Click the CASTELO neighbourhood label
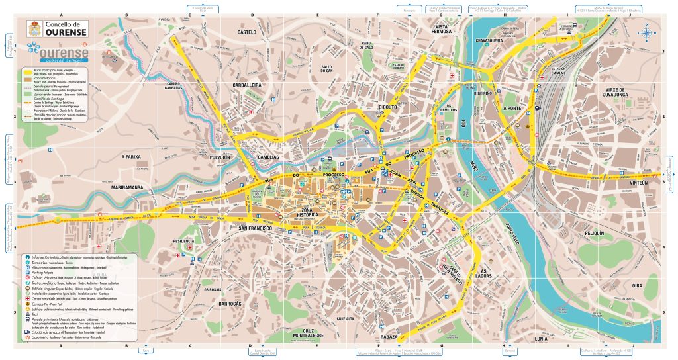(246, 32)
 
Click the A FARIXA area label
(132, 157)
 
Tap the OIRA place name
(637, 285)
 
